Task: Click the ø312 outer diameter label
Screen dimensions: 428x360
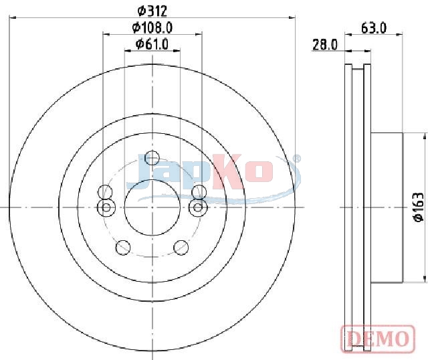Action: pyautogui.click(x=152, y=11)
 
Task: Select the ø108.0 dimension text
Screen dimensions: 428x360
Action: pyautogui.click(x=152, y=27)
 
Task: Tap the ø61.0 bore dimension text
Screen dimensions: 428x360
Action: pyautogui.click(x=152, y=44)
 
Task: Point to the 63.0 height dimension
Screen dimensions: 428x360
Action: pyautogui.click(x=374, y=28)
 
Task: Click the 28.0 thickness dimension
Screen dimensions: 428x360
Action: pyautogui.click(x=325, y=45)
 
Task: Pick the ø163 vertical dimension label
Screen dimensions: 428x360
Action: pyautogui.click(x=419, y=207)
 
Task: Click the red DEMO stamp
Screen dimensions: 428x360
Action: pyautogui.click(x=378, y=339)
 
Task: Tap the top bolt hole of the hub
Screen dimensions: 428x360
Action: pyautogui.click(x=152, y=158)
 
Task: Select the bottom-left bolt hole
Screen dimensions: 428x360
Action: pyautogui.click(x=123, y=248)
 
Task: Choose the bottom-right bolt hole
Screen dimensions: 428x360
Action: pyautogui.click(x=181, y=248)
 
